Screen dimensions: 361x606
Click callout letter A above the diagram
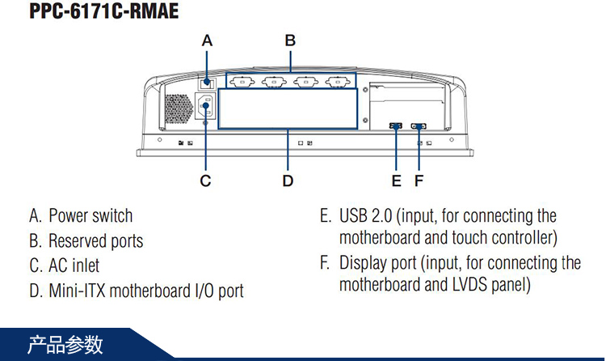coord(207,40)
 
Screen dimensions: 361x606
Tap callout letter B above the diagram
coord(290,40)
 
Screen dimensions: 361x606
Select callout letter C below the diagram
coord(205,180)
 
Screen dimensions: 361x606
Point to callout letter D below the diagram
coord(288,180)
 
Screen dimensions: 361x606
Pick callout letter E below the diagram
coord(396,180)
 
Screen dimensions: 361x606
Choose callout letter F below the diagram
coord(419,180)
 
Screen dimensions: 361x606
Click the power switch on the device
coord(207,81)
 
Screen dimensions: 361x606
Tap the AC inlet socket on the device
coord(205,107)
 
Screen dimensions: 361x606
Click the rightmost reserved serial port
coord(336,81)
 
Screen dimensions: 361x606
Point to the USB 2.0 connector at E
coord(396,126)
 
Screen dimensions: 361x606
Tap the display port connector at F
coord(419,126)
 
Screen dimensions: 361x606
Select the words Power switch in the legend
coord(90,216)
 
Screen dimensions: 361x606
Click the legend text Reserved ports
coord(95,241)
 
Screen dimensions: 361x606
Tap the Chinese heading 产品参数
coord(65,345)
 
